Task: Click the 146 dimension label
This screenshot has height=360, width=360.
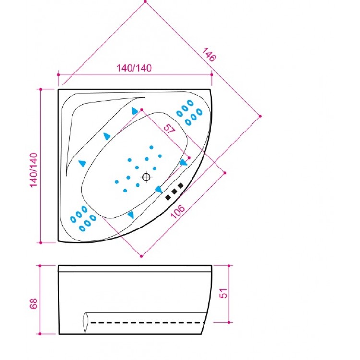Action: pyautogui.click(x=209, y=55)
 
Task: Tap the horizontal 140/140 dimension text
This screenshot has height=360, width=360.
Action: pyautogui.click(x=134, y=68)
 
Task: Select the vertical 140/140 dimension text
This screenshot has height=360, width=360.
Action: pyautogui.click(x=34, y=169)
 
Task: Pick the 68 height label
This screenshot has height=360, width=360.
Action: pyautogui.click(x=34, y=303)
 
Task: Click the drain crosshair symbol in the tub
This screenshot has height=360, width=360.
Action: pyautogui.click(x=146, y=177)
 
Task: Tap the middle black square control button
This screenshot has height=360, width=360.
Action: pyautogui.click(x=174, y=191)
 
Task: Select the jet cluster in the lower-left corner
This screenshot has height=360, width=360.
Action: pyautogui.click(x=83, y=219)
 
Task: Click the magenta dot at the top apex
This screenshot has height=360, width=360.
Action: pyautogui.click(x=145, y=2)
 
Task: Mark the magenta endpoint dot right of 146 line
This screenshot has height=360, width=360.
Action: pyautogui.click(x=260, y=116)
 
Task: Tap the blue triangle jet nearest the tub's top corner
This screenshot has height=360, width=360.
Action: pyautogui.click(x=135, y=111)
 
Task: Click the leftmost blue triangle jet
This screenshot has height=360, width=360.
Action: pyautogui.click(x=82, y=163)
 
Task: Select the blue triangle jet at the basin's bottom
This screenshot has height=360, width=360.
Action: pyautogui.click(x=131, y=215)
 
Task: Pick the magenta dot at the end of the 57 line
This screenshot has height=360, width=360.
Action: pyautogui.click(x=189, y=157)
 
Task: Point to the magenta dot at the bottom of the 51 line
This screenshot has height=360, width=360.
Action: pyautogui.click(x=229, y=322)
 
